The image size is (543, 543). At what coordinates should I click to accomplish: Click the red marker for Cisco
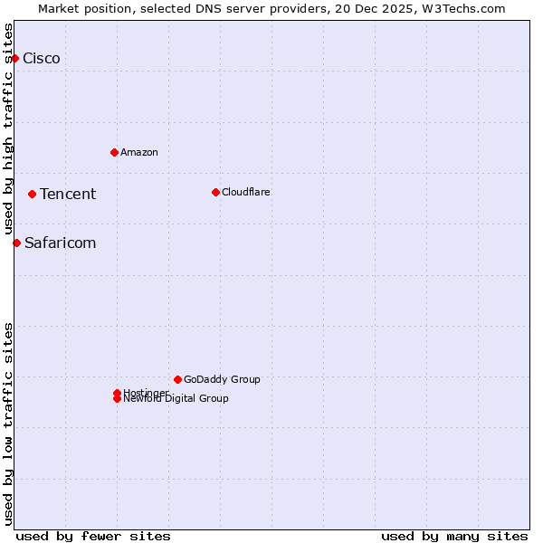tap(14, 59)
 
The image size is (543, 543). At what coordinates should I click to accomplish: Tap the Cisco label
tap(42, 59)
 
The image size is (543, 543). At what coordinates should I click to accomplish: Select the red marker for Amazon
tap(114, 152)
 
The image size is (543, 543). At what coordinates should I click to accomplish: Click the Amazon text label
tap(139, 152)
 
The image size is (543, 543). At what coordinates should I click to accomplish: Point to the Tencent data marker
tap(32, 194)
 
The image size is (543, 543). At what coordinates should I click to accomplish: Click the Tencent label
tap(68, 194)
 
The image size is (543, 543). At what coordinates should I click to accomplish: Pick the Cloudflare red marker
tap(215, 192)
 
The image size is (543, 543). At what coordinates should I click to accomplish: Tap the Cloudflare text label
tap(246, 192)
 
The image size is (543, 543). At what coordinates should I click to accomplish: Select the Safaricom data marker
tap(16, 243)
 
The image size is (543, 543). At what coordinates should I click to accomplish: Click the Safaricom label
tap(60, 243)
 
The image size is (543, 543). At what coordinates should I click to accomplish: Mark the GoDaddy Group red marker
tap(177, 379)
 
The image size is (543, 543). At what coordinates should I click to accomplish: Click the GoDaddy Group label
tap(222, 379)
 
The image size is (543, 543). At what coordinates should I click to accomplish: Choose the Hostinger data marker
tap(117, 393)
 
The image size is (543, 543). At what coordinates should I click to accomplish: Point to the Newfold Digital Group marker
tap(117, 399)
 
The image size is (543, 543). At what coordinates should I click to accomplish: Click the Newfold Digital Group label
tap(176, 399)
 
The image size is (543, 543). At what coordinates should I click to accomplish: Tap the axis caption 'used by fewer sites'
tap(93, 536)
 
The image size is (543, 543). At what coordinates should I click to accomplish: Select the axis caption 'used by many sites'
tap(454, 536)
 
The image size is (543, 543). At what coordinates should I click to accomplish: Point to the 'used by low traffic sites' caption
tap(9, 424)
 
